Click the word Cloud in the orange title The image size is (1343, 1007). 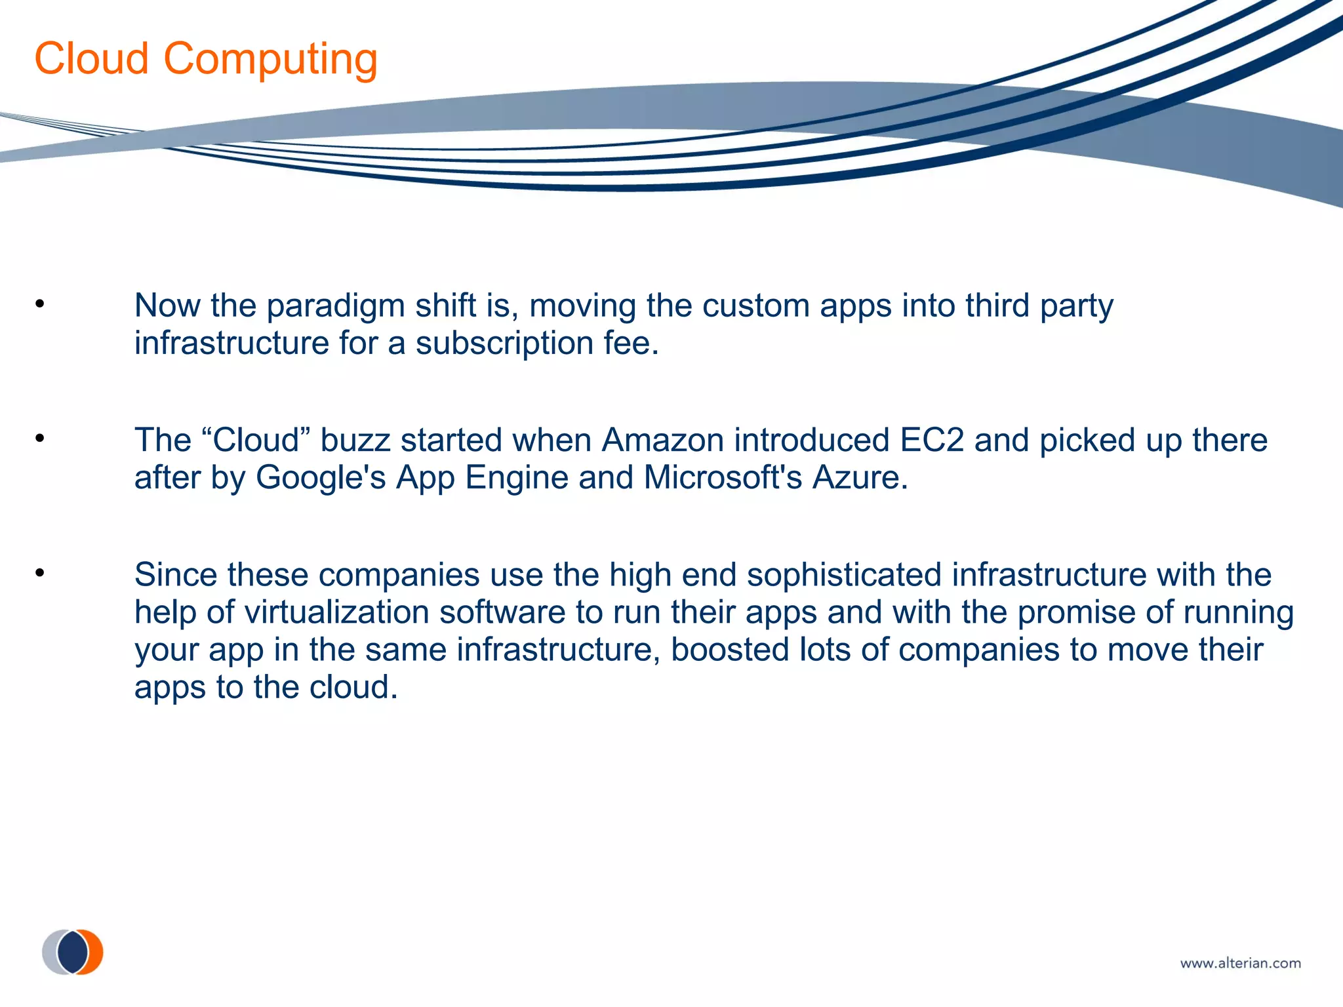[x=92, y=59]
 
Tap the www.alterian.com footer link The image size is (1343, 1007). [x=1240, y=963]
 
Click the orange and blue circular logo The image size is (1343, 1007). [x=73, y=951]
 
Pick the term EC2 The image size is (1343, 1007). [x=931, y=440]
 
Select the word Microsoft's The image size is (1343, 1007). [x=723, y=477]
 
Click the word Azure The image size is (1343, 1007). [x=860, y=477]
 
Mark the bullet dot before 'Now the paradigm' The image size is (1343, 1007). [x=40, y=304]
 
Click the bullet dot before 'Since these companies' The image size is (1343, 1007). [x=40, y=573]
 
